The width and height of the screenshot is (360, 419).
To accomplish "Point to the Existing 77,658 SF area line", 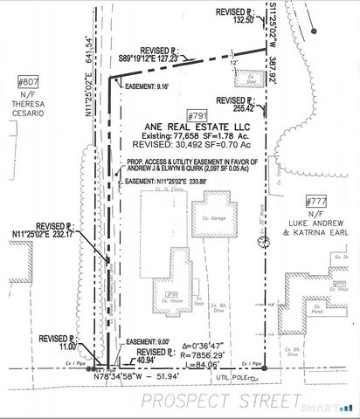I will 191,136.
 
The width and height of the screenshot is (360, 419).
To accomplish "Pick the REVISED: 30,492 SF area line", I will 191,146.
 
